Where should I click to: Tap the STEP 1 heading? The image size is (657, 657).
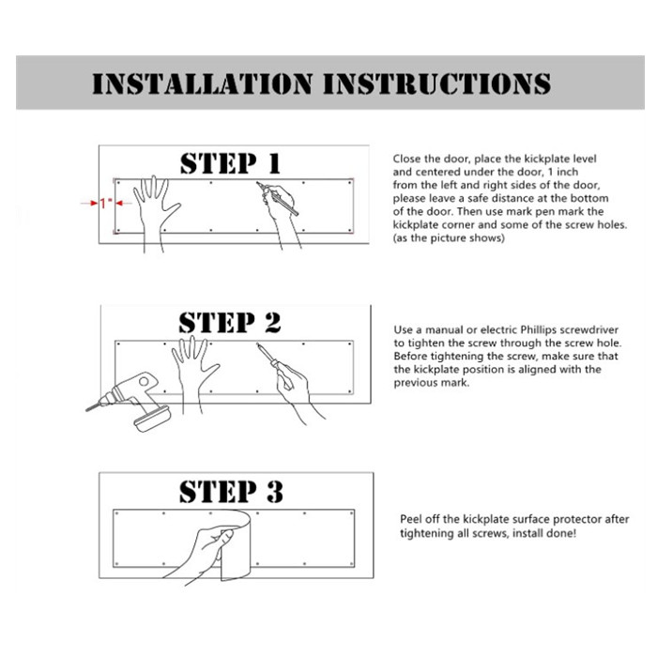(x=230, y=163)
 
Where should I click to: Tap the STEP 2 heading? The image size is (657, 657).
(x=230, y=323)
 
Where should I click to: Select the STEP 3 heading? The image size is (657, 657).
(x=230, y=491)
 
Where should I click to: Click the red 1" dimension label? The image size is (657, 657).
(x=105, y=202)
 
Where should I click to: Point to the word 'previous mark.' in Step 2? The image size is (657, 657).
(x=431, y=383)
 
